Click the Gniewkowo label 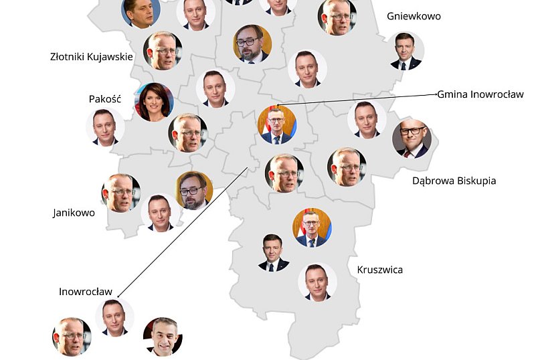tap(414, 16)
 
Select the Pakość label tap(104, 99)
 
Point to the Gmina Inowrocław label tap(480, 94)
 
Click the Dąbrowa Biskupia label tap(454, 181)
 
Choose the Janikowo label tap(74, 213)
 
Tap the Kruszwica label tap(380, 270)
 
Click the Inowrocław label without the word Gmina tap(86, 292)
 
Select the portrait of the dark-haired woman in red tap(155, 102)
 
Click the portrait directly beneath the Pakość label tap(105, 127)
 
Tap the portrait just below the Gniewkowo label tap(406, 52)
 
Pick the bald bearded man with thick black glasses tap(411, 139)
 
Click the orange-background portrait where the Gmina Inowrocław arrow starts tap(276, 125)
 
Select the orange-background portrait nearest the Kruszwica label tap(312, 228)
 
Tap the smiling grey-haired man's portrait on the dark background tap(163, 336)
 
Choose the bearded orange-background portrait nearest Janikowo tap(194, 190)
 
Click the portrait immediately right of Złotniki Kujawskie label tap(163, 50)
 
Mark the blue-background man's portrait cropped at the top tap(141, 11)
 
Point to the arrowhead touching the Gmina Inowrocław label tap(434, 95)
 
